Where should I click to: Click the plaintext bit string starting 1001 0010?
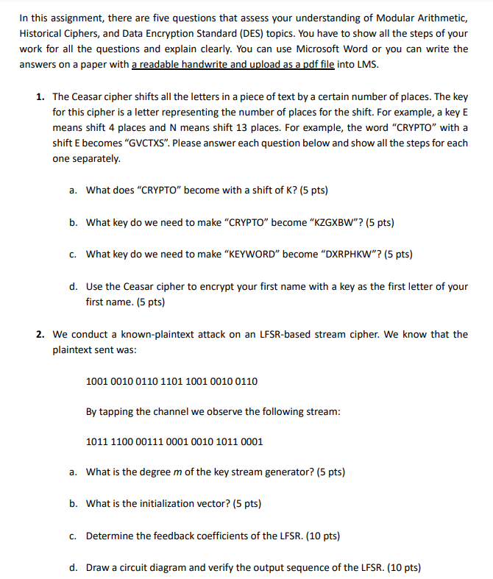[171, 381]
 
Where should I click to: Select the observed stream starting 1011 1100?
[174, 441]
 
